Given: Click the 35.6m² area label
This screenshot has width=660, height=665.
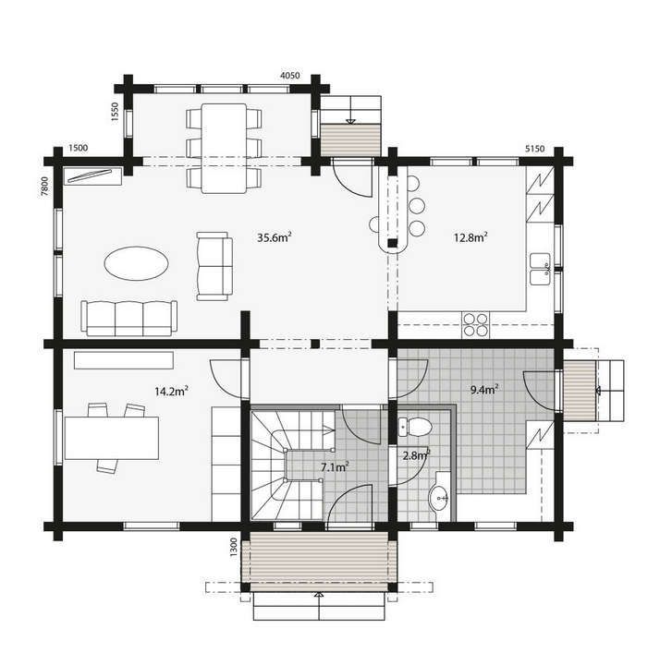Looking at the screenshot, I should tap(275, 237).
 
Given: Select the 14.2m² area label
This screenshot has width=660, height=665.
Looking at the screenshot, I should tap(172, 391).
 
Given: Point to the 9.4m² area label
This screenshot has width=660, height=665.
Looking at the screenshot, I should tap(484, 389).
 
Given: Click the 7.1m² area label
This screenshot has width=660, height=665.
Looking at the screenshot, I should tap(334, 468).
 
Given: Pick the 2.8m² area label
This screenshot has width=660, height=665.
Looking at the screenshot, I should tap(416, 454).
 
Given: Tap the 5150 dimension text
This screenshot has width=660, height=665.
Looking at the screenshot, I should tap(535, 149).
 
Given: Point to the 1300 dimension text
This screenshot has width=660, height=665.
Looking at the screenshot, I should tap(235, 548).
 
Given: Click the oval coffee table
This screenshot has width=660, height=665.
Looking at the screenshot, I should tap(137, 263).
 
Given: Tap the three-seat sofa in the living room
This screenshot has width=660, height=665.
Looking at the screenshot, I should tap(128, 318).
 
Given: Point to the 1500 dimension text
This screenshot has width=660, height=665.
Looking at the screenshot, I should tap(79, 149).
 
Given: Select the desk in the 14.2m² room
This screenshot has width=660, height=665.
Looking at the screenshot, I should tap(111, 436).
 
